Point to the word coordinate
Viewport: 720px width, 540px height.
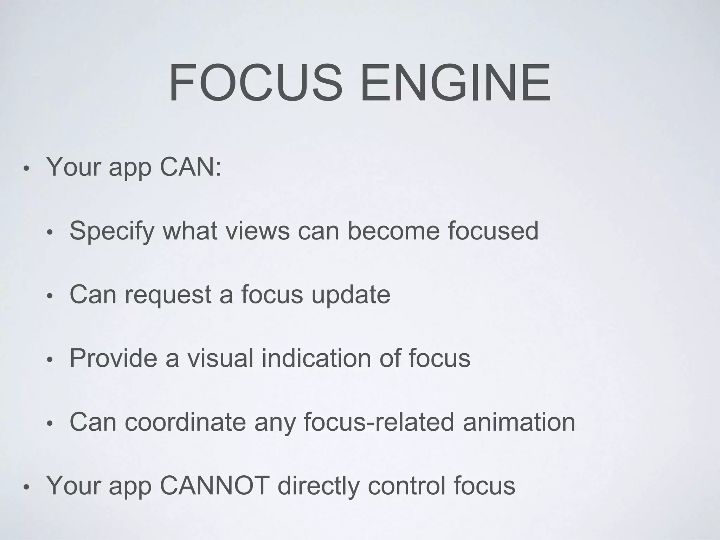(185, 422)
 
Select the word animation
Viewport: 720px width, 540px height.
(519, 422)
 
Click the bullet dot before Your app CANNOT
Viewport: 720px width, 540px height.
(26, 488)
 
